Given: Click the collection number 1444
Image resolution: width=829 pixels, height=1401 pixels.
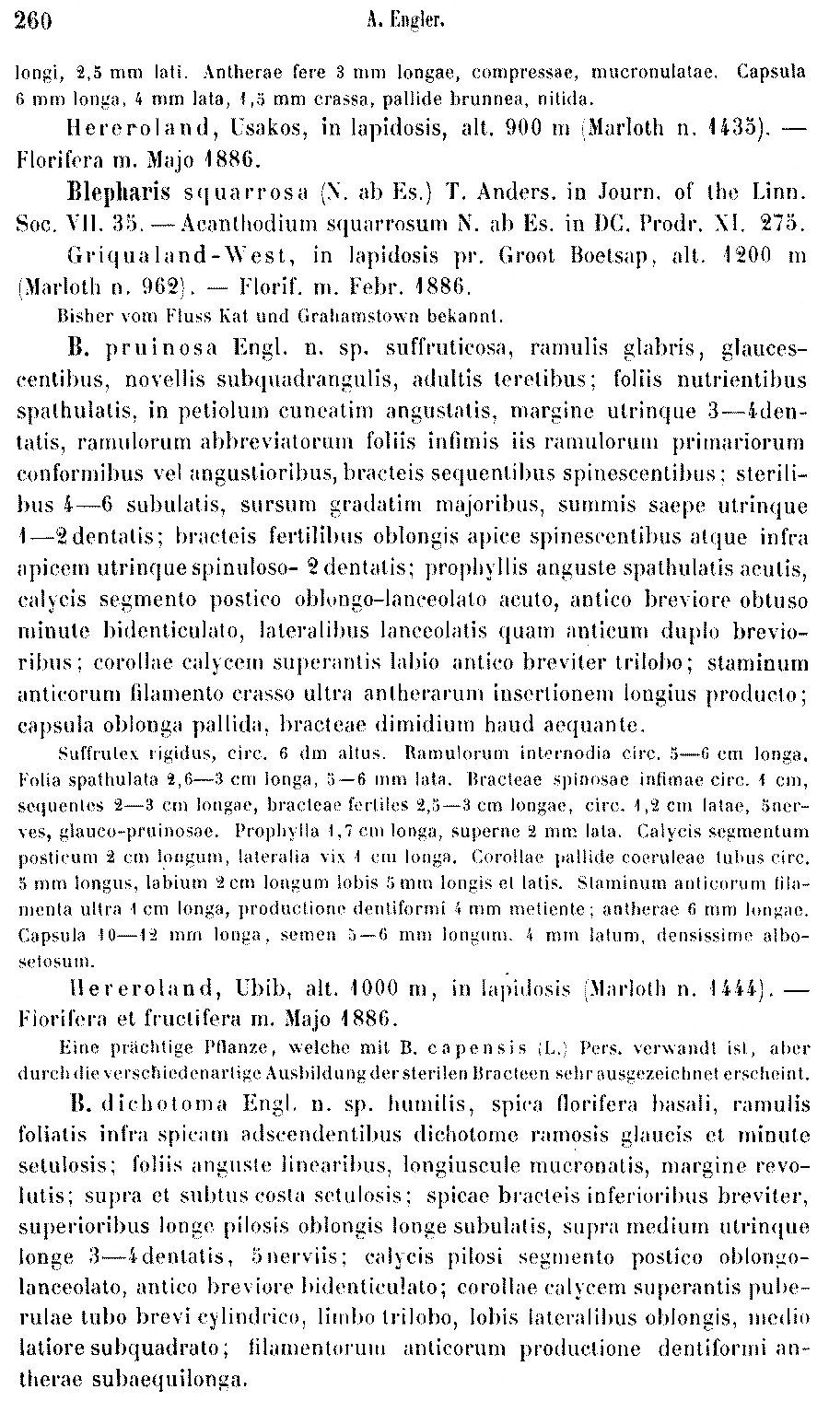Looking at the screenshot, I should tap(738, 988).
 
